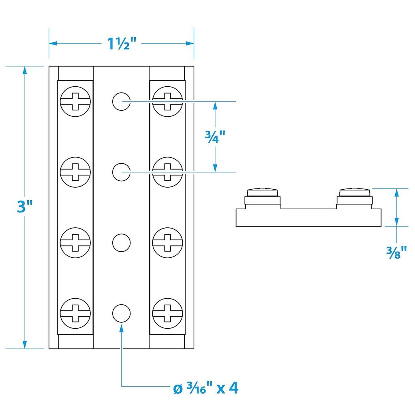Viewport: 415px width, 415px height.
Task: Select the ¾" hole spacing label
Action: [x=215, y=137]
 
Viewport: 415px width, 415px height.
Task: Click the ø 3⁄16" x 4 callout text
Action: [x=206, y=389]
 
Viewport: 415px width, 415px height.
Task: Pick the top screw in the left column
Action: [x=75, y=101]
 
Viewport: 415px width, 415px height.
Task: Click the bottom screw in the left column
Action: [x=75, y=313]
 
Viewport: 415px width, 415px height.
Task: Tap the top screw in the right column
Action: [x=167, y=101]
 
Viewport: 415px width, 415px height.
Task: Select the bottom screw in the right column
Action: [x=167, y=313]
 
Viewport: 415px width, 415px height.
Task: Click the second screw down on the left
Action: [x=75, y=172]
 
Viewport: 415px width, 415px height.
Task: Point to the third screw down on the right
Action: [x=167, y=242]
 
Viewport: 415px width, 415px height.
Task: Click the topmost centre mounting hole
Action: [x=121, y=101]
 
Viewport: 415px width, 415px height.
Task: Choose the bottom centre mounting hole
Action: [x=121, y=313]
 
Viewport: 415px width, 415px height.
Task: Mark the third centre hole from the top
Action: [x=121, y=242]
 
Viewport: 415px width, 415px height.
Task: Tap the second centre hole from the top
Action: [x=121, y=172]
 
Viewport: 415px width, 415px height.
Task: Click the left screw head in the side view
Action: [x=263, y=192]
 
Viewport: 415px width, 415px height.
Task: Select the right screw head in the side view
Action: [x=355, y=192]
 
